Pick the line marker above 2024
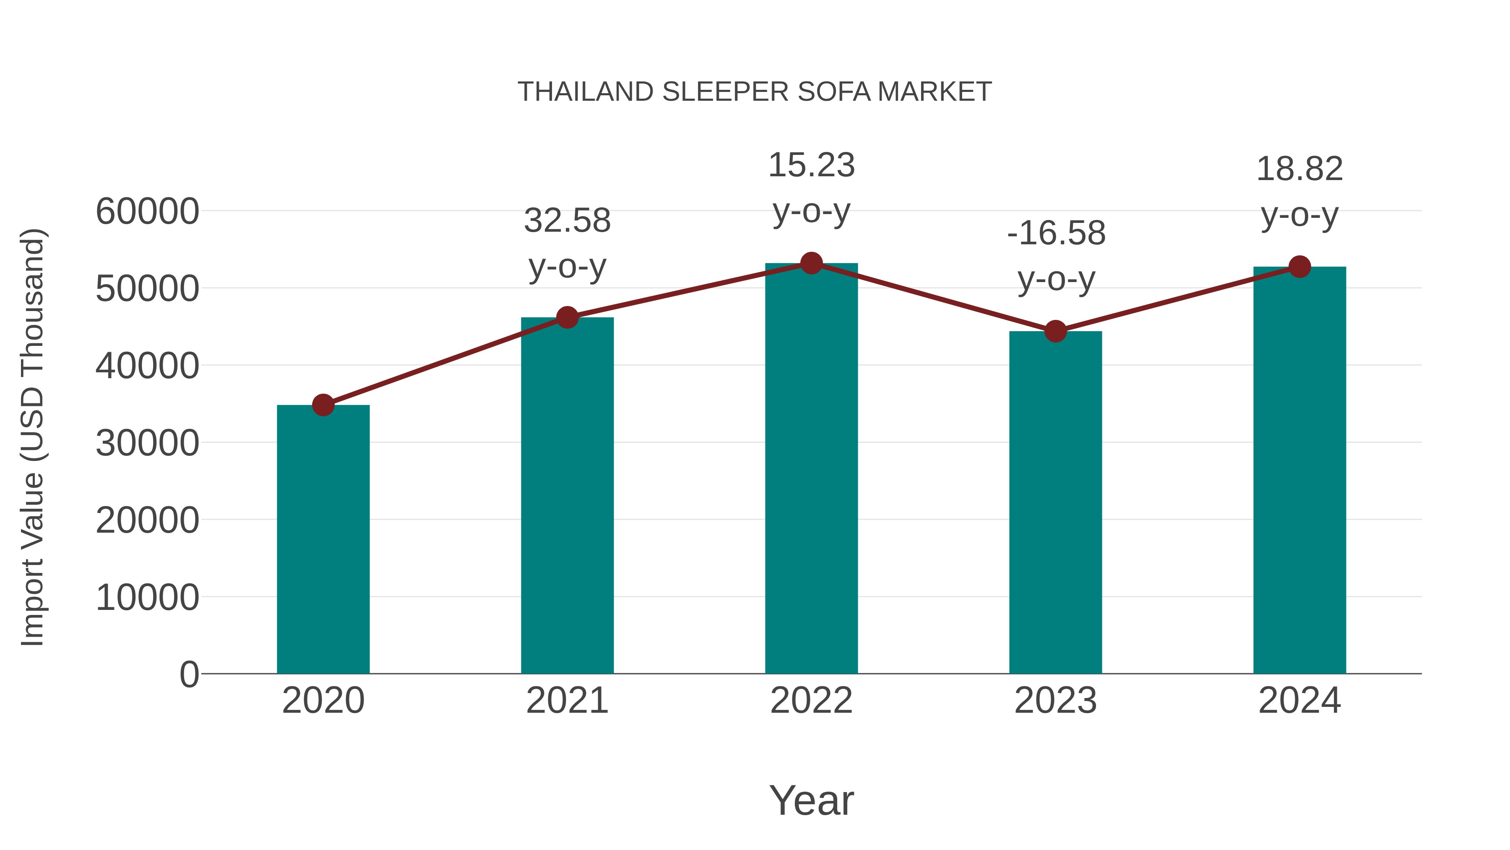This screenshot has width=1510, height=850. pos(1299,267)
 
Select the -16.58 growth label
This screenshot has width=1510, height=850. pos(1056,256)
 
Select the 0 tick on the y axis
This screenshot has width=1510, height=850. pos(189,674)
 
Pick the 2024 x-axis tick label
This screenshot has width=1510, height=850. pos(1299,701)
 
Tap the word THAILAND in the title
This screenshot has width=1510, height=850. pos(585,92)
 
